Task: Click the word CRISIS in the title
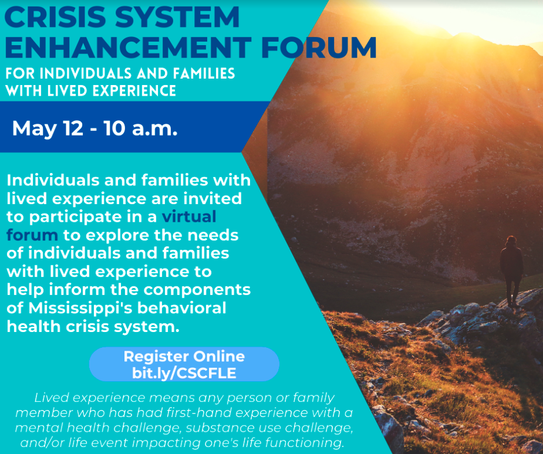click(x=55, y=16)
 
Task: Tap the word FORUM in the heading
click(x=319, y=47)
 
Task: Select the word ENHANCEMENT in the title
click(x=128, y=47)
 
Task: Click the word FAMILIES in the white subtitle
click(x=204, y=73)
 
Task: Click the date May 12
click(x=48, y=128)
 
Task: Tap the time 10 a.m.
click(x=141, y=128)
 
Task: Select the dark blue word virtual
click(x=189, y=216)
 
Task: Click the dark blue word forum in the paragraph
click(x=32, y=235)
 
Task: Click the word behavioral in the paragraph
click(x=182, y=307)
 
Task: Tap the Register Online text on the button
click(x=184, y=357)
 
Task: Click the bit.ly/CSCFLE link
click(x=184, y=373)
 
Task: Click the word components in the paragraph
click(x=197, y=290)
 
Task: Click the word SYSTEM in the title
click(x=177, y=16)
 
